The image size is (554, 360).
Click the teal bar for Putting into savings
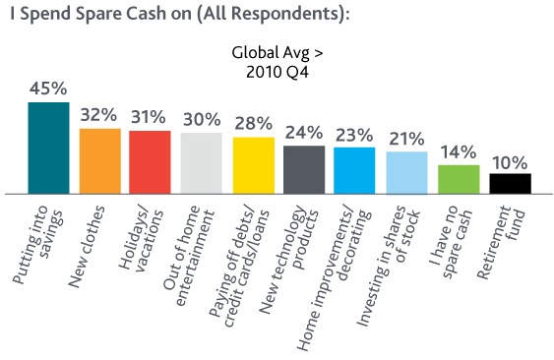[x=48, y=147]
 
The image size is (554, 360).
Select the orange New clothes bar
[x=99, y=160]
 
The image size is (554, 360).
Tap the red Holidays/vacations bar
[x=151, y=161]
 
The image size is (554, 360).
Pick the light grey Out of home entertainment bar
[x=202, y=162]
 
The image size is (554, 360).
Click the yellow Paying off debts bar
[x=253, y=164]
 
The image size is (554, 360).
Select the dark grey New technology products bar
[x=304, y=168]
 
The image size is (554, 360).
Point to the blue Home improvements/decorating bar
[x=354, y=169]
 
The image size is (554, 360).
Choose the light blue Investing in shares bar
[x=406, y=171]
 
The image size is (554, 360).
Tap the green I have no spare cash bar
[x=458, y=178]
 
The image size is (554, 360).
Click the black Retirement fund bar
[x=510, y=182]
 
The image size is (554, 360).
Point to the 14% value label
[x=459, y=153]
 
